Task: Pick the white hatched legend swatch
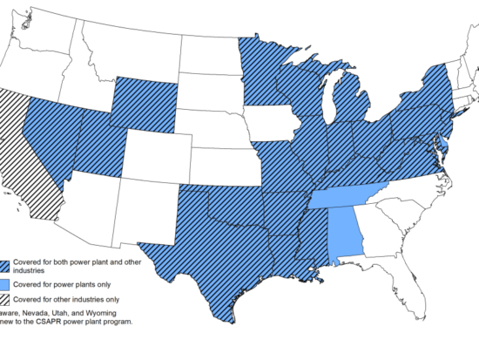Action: (8, 299)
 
